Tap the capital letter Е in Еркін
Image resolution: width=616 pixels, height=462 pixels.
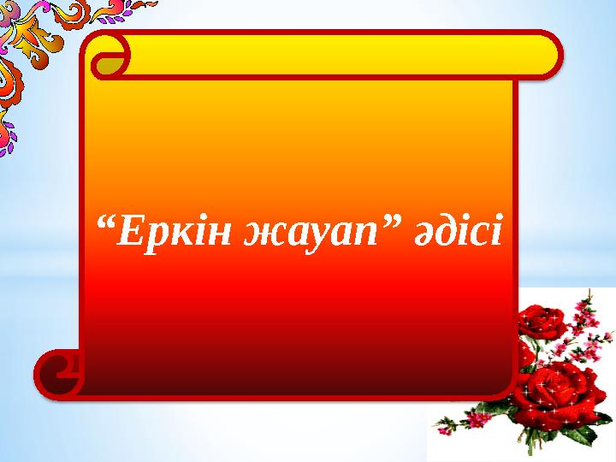127,228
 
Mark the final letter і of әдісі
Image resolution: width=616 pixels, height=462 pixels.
497,228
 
